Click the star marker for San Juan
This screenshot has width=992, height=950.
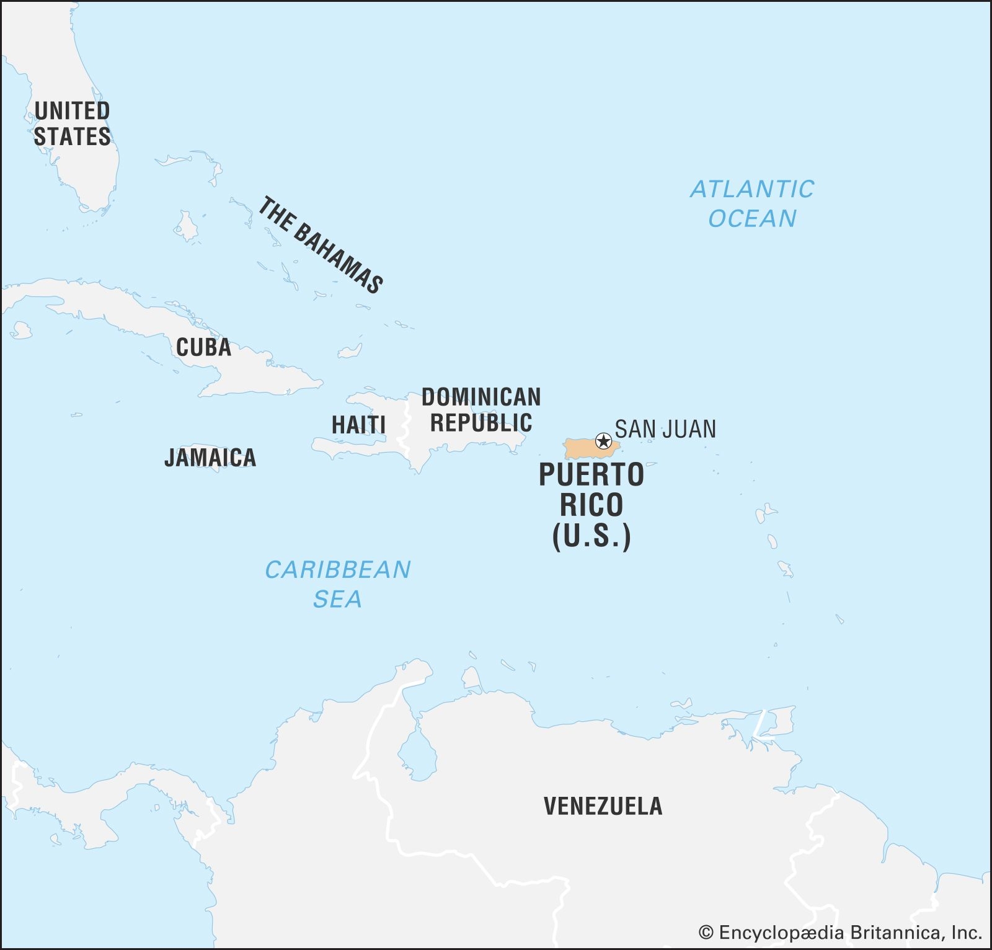[x=603, y=442]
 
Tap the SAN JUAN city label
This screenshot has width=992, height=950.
[x=665, y=429]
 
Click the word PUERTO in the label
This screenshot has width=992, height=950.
[x=591, y=475]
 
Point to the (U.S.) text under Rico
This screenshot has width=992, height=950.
[x=591, y=536]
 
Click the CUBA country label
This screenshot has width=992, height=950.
[x=203, y=347]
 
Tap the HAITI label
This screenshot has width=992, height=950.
[x=358, y=425]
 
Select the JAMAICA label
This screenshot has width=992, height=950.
[x=210, y=458]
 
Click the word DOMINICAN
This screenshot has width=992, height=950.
[x=481, y=397]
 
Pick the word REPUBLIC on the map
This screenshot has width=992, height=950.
[x=481, y=423]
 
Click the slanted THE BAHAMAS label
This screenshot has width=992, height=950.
[x=320, y=245]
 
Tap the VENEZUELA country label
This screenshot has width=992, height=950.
[x=603, y=806]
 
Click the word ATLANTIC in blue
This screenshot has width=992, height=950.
[x=752, y=189]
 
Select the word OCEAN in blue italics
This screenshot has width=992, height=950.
[x=752, y=219]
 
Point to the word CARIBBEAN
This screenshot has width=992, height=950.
[x=338, y=569]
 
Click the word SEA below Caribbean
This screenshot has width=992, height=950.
[x=337, y=599]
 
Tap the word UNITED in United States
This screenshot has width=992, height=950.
[x=72, y=111]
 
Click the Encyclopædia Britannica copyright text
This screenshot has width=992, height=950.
[x=840, y=932]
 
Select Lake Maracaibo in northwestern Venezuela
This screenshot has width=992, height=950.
[x=417, y=753]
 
